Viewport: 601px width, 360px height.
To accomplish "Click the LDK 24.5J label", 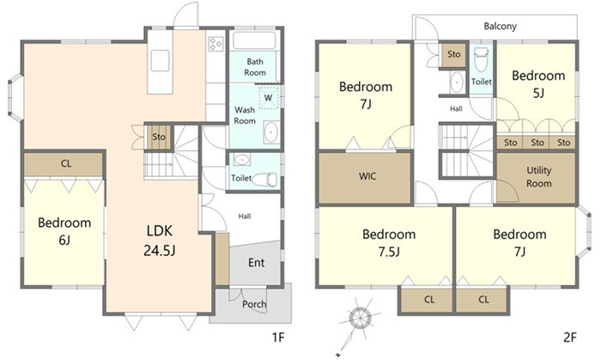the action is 160,241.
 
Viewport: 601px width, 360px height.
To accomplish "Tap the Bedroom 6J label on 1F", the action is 64,231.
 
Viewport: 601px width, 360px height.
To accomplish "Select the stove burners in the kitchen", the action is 216,44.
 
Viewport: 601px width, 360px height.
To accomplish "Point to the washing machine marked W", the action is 268,98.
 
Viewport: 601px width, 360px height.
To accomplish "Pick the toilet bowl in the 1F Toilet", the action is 264,180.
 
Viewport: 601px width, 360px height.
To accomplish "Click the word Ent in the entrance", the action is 256,263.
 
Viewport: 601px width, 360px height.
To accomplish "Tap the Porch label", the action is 254,304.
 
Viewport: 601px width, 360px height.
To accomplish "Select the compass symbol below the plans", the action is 361,318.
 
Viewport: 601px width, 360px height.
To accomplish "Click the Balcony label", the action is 501,26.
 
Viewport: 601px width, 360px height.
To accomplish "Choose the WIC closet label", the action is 367,176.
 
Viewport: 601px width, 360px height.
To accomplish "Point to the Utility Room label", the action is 538,177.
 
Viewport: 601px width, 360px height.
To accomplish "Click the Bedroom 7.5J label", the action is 389,242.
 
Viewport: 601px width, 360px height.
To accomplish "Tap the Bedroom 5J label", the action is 538,84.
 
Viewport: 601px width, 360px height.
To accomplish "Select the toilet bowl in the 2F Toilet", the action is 481,59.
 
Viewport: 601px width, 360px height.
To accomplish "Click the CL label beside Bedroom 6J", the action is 66,164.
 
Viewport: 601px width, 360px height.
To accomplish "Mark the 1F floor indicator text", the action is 278,338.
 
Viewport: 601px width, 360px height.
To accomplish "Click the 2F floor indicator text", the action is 570,338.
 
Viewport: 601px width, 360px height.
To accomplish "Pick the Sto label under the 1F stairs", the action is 159,137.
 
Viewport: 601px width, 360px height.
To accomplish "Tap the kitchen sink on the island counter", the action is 160,61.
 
